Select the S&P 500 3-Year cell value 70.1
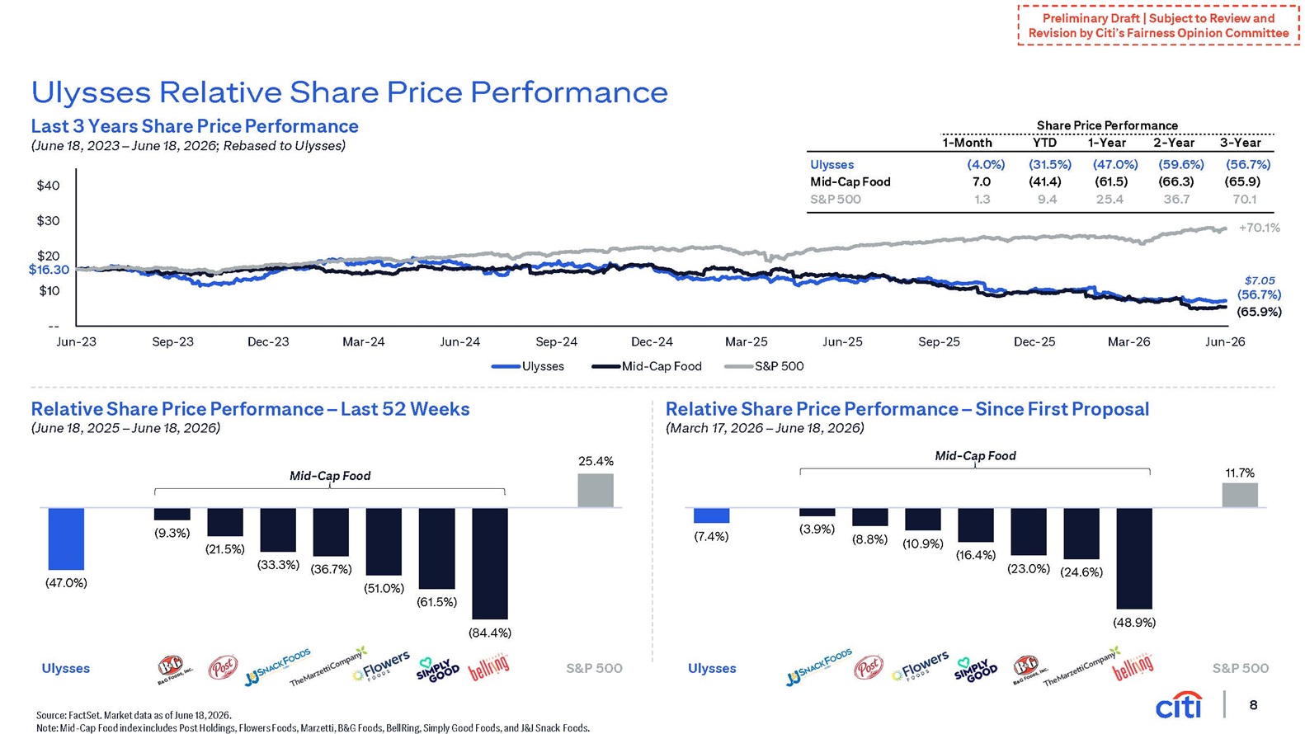[x=1244, y=200]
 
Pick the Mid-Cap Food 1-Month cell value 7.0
[x=982, y=181]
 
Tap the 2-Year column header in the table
[x=1173, y=143]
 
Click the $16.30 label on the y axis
[x=49, y=270]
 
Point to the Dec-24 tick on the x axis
[x=652, y=342]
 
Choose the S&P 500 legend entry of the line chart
[x=764, y=366]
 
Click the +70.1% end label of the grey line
[x=1259, y=228]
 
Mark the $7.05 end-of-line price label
[x=1260, y=280]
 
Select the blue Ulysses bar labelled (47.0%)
[x=66, y=539]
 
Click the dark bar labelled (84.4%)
[x=489, y=563]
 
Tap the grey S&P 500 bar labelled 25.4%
[x=596, y=491]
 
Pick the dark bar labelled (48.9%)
[x=1133, y=558]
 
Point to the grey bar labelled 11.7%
[x=1240, y=495]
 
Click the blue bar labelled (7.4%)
[x=711, y=515]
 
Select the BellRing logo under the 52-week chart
[x=489, y=667]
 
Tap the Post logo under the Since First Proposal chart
[x=868, y=667]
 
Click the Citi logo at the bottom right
[x=1178, y=705]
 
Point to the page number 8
[x=1253, y=705]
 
